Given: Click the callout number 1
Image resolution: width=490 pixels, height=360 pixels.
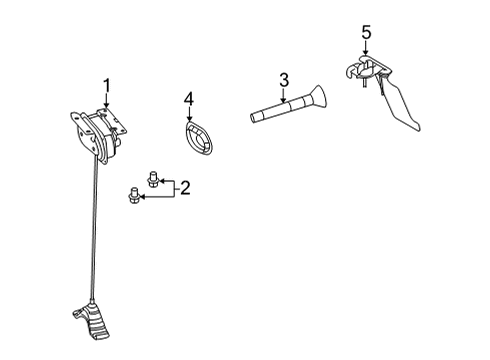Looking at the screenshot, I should click(x=106, y=85).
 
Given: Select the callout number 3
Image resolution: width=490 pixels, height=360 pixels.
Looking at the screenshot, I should click(x=284, y=80).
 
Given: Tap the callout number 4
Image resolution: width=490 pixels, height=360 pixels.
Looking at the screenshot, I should click(x=188, y=99).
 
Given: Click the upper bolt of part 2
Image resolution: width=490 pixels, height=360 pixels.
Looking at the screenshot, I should click(x=152, y=180).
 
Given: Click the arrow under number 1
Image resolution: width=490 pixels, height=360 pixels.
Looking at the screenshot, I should click(x=106, y=100).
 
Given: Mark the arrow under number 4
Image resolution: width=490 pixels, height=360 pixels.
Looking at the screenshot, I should click(x=188, y=114).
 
